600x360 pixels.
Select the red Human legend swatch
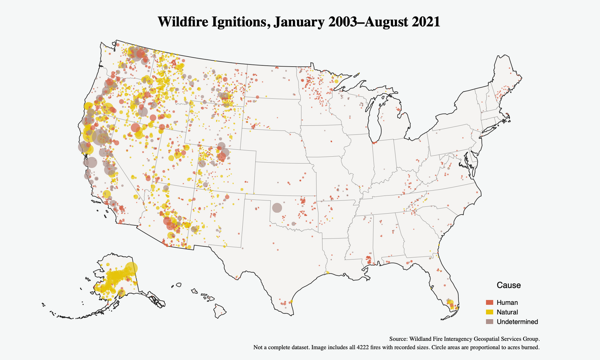point(489,303)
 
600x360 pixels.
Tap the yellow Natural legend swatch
point(489,312)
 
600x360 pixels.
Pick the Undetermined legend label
point(517,322)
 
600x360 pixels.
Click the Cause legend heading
point(508,285)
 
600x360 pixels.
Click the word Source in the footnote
point(398,338)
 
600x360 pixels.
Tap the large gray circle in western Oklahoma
point(277,208)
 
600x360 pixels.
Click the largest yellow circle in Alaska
point(131,268)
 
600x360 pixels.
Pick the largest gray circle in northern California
point(100,137)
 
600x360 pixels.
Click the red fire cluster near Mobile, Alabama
point(369,259)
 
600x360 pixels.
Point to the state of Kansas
point(285,178)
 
